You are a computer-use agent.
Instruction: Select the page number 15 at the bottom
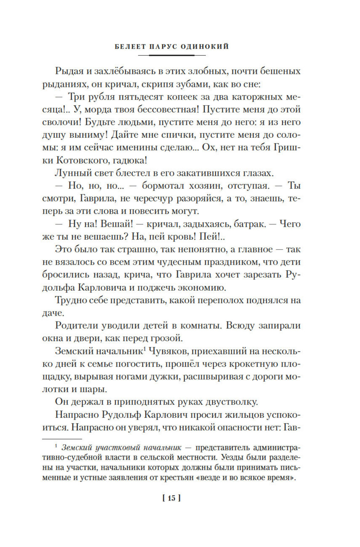tap(172, 498)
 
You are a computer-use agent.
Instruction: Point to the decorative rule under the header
tap(172, 55)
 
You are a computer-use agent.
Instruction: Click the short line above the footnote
tap(57, 439)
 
